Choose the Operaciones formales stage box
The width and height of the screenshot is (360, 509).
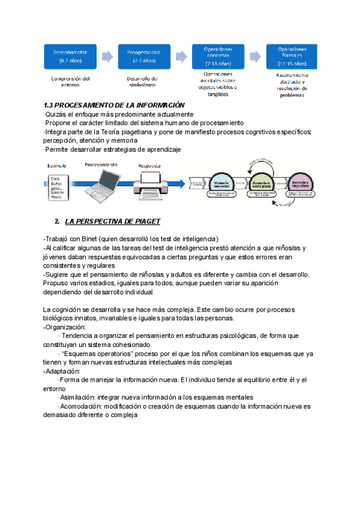(x=292, y=56)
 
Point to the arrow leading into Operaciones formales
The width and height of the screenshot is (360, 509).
(x=255, y=56)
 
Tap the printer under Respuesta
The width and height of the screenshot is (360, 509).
(x=149, y=182)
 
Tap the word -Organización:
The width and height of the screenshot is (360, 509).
(x=65, y=327)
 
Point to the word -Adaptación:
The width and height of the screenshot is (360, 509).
(x=62, y=371)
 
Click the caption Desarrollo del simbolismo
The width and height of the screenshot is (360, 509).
(x=142, y=82)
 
